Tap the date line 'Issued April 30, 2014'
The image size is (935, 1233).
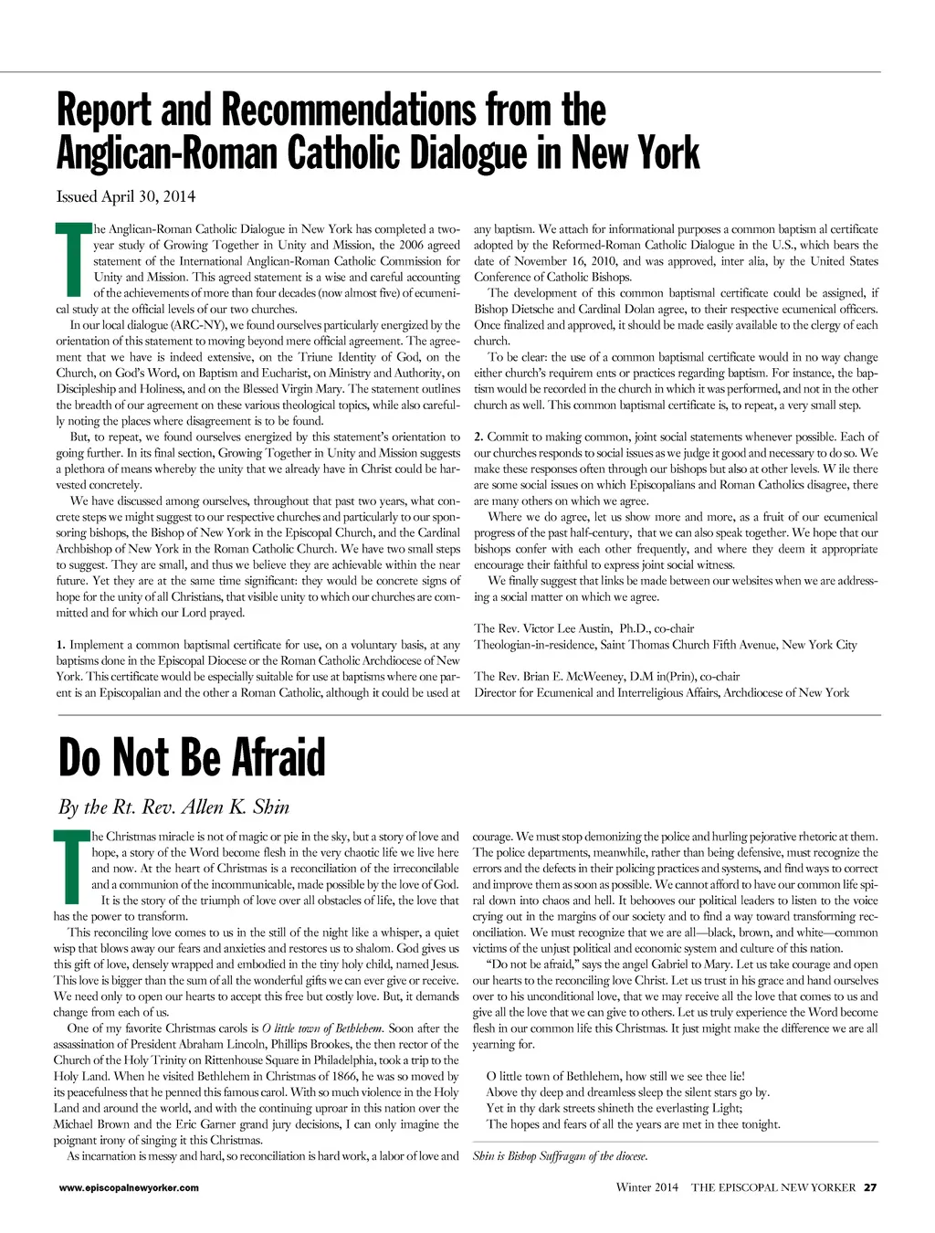click(x=126, y=196)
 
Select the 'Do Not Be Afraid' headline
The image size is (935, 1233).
click(x=192, y=757)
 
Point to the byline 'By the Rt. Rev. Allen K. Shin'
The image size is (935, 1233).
click(x=173, y=806)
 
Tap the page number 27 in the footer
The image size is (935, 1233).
click(x=870, y=1187)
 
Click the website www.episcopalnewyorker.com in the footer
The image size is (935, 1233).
click(x=129, y=1187)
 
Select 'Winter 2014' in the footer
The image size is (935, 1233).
click(x=647, y=1187)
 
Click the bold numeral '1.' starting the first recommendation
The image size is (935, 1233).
click(x=61, y=645)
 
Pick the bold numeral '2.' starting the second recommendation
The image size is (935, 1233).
click(x=478, y=437)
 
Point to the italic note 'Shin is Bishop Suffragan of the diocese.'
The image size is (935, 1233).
click(x=560, y=1156)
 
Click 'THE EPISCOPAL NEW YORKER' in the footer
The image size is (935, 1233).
click(x=773, y=1187)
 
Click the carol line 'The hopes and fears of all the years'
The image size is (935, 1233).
click(x=633, y=1124)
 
